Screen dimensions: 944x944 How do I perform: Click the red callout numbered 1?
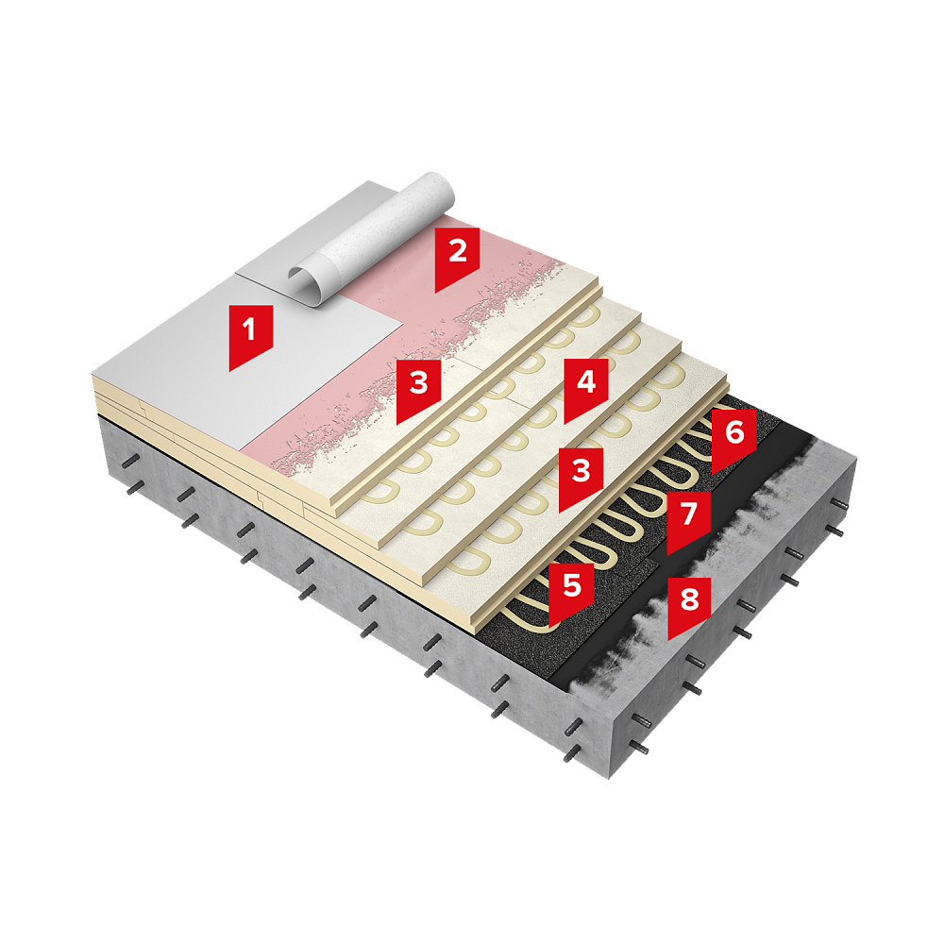pos(250,336)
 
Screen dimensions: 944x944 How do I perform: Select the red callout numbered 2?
pos(457,258)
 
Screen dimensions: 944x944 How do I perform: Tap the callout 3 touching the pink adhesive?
pos(418,390)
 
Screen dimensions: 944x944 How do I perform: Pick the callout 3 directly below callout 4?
pos(581,478)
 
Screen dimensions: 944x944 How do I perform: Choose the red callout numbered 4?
pos(586,389)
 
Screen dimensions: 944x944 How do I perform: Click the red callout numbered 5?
pos(571,593)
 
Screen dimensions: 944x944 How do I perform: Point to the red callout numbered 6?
pos(733,440)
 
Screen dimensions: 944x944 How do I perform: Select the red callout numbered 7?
pos(689,521)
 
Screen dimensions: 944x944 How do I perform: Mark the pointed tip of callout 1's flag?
pos(230,370)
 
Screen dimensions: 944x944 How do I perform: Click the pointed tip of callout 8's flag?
pos(668,639)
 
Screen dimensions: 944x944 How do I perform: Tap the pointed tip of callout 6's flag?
pos(713,474)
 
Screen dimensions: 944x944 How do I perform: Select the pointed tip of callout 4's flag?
pos(565,423)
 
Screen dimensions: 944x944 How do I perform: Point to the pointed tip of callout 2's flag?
pos(436,292)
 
